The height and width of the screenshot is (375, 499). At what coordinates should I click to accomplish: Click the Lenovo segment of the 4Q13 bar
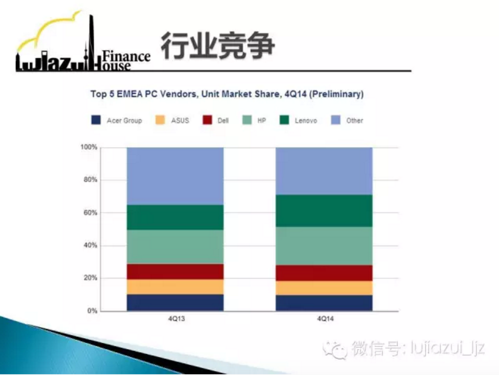(x=175, y=217)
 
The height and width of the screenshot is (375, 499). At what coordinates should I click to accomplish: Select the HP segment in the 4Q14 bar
(x=324, y=246)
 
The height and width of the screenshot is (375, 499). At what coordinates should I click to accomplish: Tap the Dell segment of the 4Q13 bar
(x=175, y=271)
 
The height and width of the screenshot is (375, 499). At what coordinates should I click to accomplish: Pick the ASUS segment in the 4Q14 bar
(x=324, y=288)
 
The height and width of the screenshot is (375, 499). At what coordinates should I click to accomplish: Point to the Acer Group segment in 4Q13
(x=175, y=302)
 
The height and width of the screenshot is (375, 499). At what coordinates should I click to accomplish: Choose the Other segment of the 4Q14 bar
(x=324, y=171)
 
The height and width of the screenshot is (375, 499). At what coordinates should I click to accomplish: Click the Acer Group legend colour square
(x=96, y=120)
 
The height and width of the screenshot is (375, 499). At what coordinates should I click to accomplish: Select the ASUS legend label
(x=180, y=121)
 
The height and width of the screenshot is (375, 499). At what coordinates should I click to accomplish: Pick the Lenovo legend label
(x=306, y=121)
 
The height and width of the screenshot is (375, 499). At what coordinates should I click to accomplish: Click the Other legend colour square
(x=336, y=120)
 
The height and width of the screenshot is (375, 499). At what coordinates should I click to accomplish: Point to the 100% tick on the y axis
(x=89, y=147)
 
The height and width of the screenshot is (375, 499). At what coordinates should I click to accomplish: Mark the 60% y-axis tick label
(x=90, y=213)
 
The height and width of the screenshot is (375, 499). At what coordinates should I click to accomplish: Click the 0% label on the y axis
(x=92, y=311)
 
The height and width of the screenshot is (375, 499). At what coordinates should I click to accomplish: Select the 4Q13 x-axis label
(x=177, y=319)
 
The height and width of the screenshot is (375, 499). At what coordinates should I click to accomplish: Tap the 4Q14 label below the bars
(x=325, y=319)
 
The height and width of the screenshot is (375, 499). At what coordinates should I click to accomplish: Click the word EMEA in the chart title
(x=130, y=94)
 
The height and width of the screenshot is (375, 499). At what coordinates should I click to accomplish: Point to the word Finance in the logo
(x=126, y=56)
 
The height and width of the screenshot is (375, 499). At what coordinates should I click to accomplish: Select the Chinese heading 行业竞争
(x=218, y=46)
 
